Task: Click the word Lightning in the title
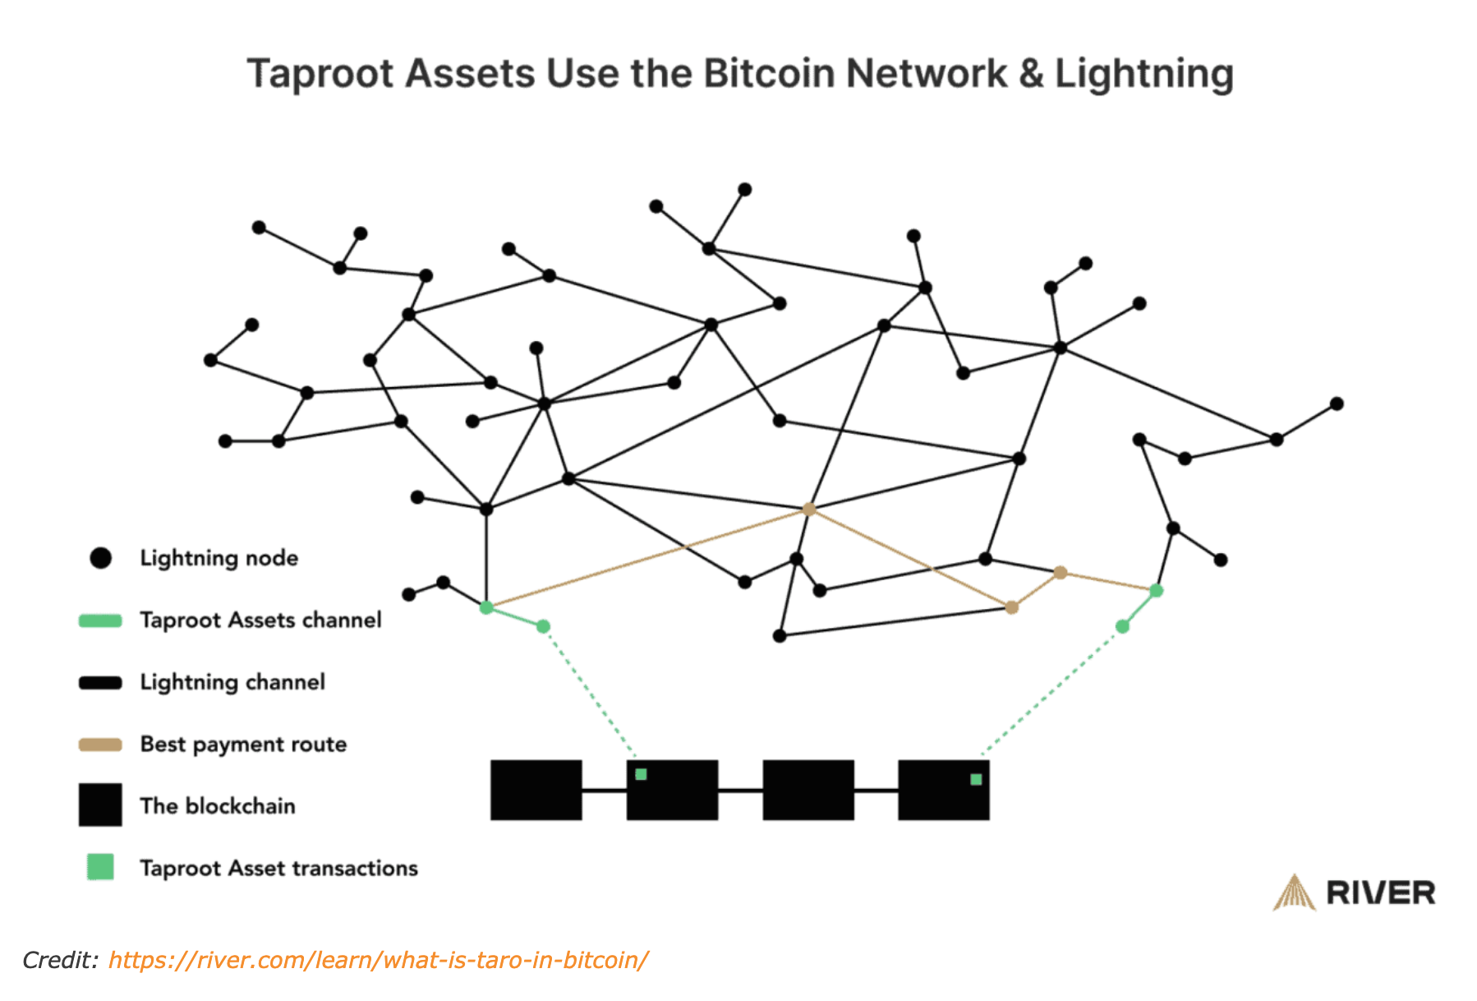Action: (1143, 74)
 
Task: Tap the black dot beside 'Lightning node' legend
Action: (100, 559)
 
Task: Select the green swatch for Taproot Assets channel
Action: (100, 620)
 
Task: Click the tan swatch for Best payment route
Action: (100, 745)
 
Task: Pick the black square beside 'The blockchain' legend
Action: (100, 805)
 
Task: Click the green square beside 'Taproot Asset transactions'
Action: (100, 867)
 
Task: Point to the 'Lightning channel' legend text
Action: (232, 682)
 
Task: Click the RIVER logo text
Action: (1381, 893)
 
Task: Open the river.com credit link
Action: (378, 960)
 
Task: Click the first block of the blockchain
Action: (536, 790)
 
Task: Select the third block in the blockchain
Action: (808, 790)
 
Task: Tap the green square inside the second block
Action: (641, 774)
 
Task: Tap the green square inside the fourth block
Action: (976, 779)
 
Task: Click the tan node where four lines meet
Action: (808, 510)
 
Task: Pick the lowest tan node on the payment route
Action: (1012, 607)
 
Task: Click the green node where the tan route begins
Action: (486, 607)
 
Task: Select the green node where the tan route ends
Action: (1157, 590)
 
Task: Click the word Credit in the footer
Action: (59, 960)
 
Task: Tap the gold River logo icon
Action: (1294, 893)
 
